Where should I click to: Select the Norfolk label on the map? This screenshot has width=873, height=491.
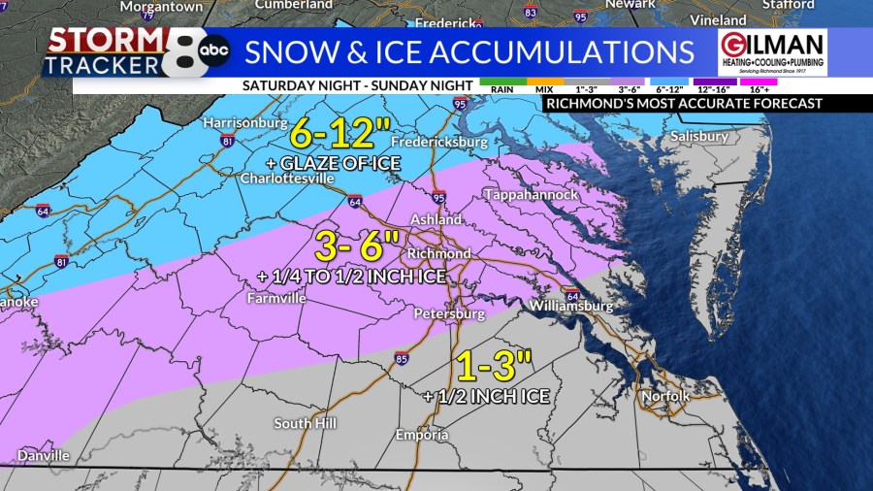point(665,396)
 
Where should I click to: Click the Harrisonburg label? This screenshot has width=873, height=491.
point(245,124)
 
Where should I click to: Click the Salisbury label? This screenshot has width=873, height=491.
point(698,137)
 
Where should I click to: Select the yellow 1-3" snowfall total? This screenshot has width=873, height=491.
point(495,369)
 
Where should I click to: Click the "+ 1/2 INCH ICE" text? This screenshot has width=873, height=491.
point(487,396)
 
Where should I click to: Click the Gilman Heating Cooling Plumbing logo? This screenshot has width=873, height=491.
point(772,52)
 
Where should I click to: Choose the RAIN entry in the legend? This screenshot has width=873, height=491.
point(501,88)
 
